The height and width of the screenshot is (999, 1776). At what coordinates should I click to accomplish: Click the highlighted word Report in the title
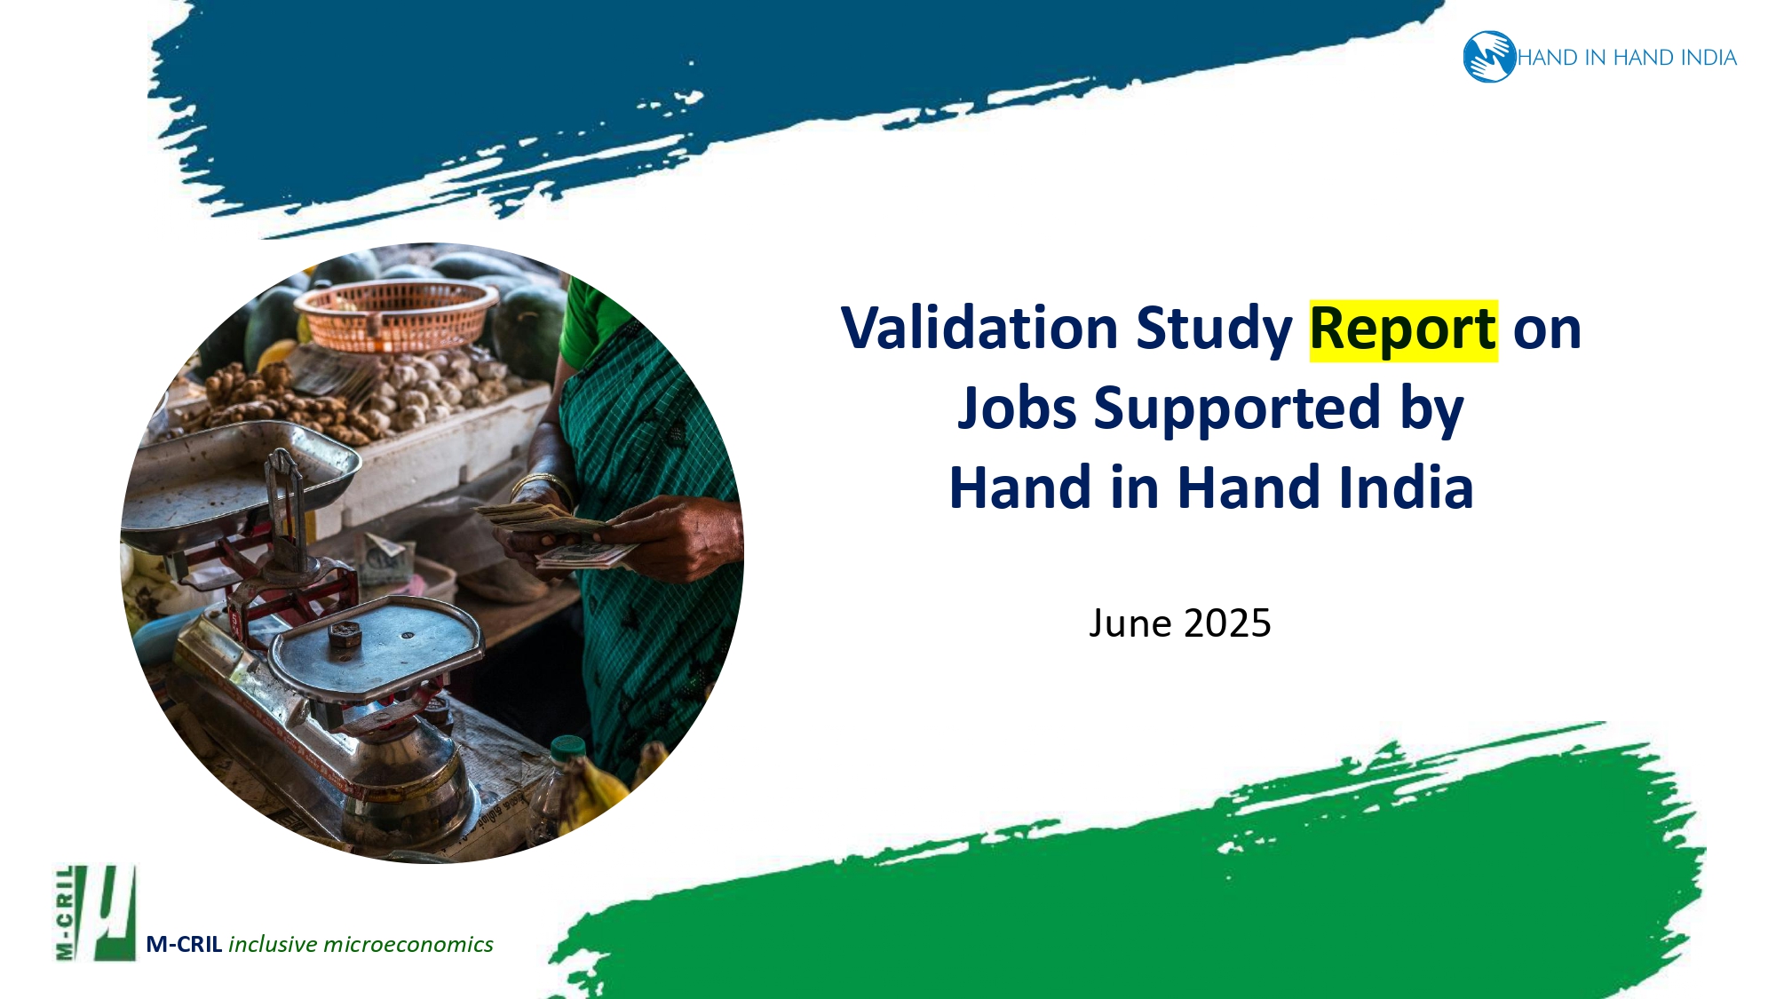1403,329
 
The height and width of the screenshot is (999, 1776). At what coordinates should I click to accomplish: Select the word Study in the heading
1213,329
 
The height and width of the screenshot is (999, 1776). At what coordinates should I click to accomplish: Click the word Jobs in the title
1017,408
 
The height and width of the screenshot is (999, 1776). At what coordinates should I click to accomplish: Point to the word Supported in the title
1236,408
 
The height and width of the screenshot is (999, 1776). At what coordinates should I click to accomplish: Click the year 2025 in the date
1227,623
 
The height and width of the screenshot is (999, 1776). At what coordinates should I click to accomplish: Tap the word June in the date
1130,623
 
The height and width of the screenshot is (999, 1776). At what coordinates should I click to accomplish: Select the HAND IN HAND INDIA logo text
1627,58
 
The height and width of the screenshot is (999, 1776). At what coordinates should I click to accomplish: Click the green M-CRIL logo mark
96,913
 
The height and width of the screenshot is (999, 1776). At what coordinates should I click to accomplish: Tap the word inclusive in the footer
273,944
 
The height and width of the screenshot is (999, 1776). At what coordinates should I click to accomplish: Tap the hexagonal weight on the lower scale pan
345,634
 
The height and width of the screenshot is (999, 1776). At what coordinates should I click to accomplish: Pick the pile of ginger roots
266,400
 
